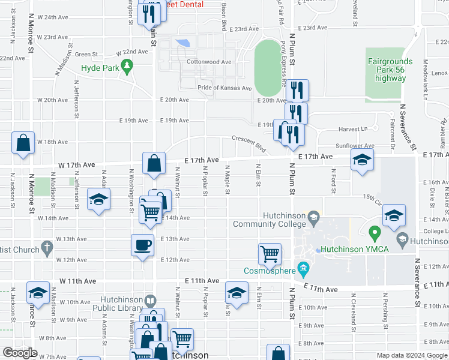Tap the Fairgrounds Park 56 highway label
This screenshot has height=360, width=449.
[390, 70]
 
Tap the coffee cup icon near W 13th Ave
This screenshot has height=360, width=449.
[143, 245]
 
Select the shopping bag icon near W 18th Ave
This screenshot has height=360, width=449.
[23, 143]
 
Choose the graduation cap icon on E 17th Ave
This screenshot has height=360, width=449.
[362, 160]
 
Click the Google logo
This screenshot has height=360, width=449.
[20, 352]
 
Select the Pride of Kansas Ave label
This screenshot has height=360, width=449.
[224, 88]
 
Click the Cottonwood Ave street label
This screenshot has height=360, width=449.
[209, 62]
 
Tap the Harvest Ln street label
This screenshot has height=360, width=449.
[352, 129]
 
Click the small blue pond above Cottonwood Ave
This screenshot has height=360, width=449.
[184, 43]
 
